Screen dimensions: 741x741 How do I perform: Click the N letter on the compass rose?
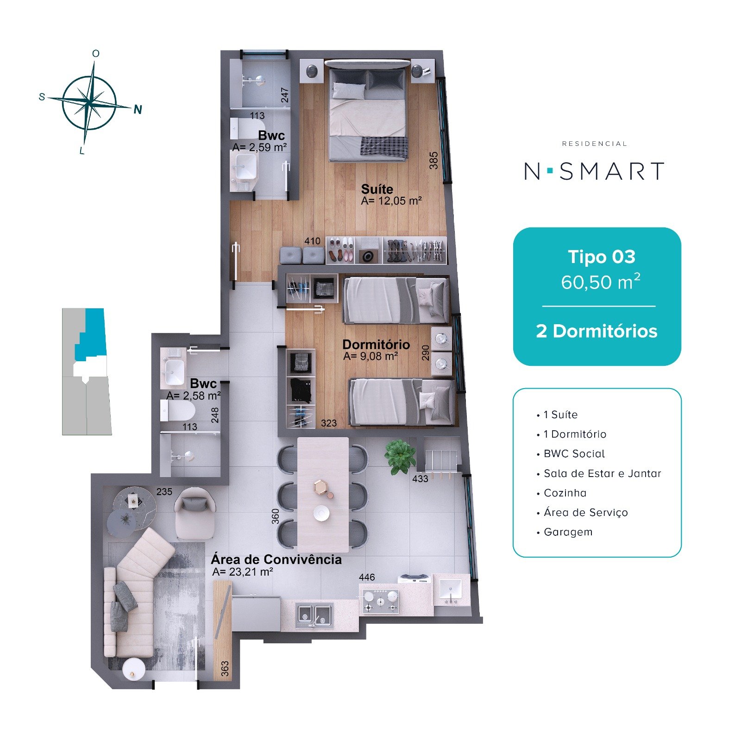138,110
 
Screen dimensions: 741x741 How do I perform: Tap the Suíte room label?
377,189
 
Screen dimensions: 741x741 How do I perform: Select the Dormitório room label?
376,345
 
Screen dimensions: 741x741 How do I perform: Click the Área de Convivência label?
276,559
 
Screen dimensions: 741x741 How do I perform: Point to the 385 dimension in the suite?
433,160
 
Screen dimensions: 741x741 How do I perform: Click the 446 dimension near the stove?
367,577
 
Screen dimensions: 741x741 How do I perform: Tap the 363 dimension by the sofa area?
225,668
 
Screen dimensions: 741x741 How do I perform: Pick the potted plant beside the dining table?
400,456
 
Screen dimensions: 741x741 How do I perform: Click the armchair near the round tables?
195,514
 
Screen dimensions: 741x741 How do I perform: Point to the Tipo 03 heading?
602,257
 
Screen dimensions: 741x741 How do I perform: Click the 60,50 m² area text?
601,282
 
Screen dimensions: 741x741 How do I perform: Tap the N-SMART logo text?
595,171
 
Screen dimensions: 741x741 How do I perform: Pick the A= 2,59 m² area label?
259,147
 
